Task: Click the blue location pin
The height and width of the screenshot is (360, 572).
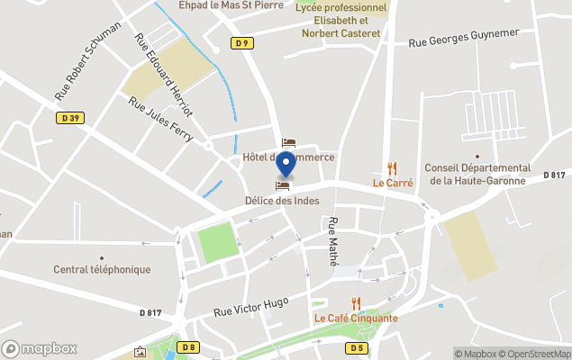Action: [286, 165]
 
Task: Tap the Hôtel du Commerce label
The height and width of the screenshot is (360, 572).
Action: [288, 157]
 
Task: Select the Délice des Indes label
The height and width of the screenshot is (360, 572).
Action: [282, 200]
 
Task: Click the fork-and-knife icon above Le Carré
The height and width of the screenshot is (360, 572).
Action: [392, 167]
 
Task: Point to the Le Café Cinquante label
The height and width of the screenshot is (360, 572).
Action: [356, 318]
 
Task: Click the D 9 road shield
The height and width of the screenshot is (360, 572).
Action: [241, 43]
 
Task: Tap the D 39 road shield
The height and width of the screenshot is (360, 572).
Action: [72, 117]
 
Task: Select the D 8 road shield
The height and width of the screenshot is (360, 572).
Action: [188, 346]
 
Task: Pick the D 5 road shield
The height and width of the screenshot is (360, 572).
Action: [358, 346]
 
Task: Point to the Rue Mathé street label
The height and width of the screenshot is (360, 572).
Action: [334, 240]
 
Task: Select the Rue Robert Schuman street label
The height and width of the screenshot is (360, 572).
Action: [87, 60]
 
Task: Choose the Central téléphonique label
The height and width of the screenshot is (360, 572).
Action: [102, 269]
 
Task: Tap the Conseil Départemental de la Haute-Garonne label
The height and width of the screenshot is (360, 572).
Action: [477, 174]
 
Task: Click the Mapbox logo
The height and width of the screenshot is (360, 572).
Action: [40, 348]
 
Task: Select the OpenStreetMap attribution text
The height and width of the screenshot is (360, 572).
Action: [536, 354]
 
